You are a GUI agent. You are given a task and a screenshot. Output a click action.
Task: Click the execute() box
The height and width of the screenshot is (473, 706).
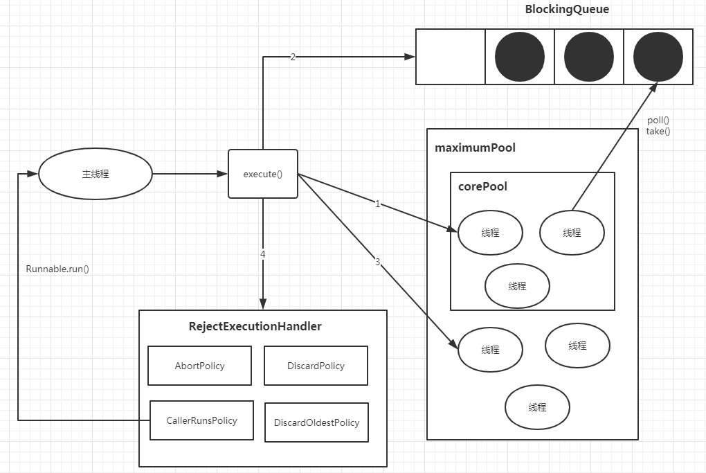pos(263,174)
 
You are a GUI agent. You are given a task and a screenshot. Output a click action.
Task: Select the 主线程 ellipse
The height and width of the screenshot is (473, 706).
pos(95,174)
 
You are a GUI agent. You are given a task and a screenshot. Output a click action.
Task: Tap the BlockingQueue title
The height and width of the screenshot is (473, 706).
pos(567,10)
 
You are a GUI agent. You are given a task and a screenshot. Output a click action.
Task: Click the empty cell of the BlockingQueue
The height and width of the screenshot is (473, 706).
pos(450,57)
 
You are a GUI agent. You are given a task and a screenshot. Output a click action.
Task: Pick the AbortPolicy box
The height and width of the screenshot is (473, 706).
pos(199,366)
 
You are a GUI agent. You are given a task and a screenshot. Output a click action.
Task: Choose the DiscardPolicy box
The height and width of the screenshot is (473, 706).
pos(316,366)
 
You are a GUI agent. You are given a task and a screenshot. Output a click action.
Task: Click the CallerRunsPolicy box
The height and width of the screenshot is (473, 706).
pos(201,420)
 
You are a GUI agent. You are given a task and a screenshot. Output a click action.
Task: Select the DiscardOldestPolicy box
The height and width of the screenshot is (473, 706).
pos(316,422)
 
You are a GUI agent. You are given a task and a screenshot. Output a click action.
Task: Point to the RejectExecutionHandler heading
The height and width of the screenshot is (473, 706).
pos(255,326)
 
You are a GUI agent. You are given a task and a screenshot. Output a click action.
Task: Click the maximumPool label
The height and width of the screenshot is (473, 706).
pos(475,148)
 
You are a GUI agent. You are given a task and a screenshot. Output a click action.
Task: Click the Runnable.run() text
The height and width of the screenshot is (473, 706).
pos(57,269)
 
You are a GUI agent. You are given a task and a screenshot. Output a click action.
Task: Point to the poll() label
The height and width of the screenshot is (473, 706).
pos(658,120)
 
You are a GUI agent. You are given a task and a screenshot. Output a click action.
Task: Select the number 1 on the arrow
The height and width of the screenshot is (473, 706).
pos(377,204)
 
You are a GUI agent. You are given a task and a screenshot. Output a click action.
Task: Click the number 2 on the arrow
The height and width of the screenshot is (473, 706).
pos(293,57)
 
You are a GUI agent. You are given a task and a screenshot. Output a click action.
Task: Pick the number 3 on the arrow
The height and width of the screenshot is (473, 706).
pos(377,262)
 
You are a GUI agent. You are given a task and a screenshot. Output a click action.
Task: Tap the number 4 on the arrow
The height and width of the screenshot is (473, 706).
pos(263,254)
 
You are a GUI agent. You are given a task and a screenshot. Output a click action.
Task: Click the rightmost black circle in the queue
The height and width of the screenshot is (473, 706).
pos(658,57)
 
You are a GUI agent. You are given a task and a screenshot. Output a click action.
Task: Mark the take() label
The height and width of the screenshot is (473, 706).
pos(658,131)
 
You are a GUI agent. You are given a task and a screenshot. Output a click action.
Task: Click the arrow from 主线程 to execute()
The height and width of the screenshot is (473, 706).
pos(190,174)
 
